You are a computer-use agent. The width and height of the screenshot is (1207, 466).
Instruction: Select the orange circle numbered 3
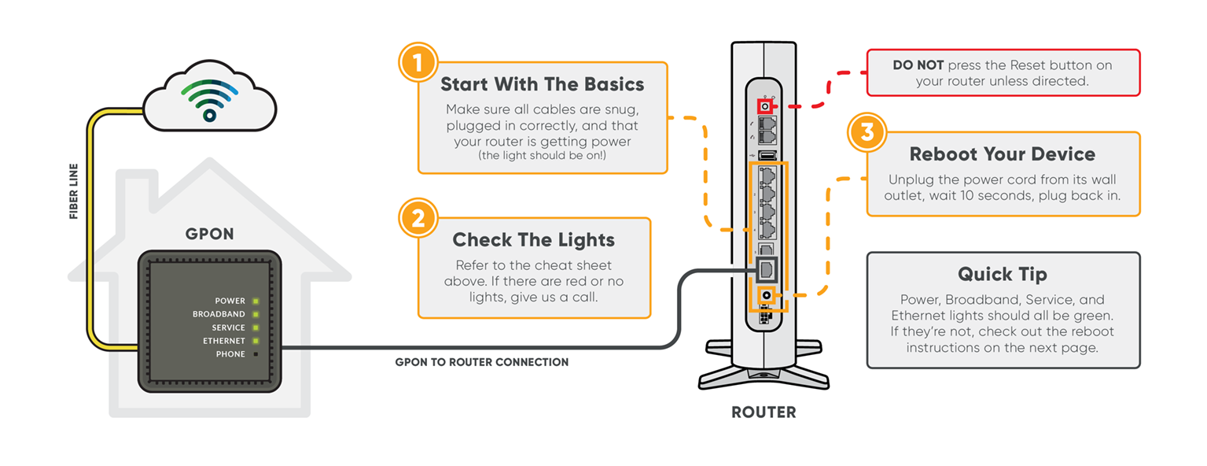point(867,131)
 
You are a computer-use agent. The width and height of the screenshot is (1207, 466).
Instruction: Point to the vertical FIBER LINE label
point(74,191)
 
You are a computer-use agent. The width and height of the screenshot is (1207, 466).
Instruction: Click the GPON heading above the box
point(209,234)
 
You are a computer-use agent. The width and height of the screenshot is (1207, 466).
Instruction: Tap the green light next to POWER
point(255,301)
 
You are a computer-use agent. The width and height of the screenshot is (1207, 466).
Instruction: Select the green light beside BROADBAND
point(255,314)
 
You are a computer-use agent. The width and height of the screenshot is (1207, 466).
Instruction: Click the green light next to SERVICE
point(255,327)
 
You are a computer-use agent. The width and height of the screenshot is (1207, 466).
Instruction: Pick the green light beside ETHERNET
point(255,341)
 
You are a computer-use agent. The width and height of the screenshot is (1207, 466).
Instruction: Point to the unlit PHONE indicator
point(255,354)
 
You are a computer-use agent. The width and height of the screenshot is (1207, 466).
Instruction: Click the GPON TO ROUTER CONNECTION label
point(481,362)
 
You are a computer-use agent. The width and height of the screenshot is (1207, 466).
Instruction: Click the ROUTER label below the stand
point(764,412)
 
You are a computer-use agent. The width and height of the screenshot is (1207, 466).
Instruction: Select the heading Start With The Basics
point(542,84)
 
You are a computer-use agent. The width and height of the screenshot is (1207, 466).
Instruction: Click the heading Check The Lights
point(533,239)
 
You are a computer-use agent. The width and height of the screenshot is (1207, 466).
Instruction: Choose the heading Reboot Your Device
point(1002,154)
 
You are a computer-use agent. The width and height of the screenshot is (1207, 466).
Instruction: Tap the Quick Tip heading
point(1002,274)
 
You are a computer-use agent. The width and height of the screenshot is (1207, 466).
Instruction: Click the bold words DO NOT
point(918,65)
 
